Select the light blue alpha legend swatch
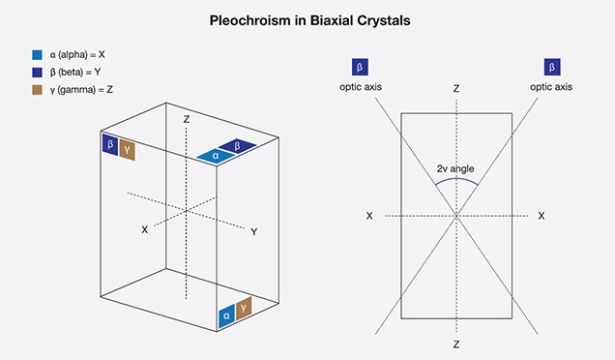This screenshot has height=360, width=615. (37, 55)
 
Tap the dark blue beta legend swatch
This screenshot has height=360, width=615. (37, 73)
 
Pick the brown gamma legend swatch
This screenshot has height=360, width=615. (37, 90)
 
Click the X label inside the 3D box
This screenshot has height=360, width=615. (144, 229)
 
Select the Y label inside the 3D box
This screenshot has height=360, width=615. (253, 232)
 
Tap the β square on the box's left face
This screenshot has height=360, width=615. (109, 145)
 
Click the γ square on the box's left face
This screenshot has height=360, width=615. (128, 151)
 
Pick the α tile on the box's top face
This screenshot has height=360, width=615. (217, 155)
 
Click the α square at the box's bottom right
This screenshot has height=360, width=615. (226, 315)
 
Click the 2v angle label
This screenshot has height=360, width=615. (455, 168)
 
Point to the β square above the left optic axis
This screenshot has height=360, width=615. (360, 68)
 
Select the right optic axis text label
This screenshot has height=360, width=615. (551, 87)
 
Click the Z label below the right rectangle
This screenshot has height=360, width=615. (455, 343)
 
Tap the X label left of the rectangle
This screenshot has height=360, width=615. (369, 215)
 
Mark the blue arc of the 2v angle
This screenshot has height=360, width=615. (455, 179)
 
